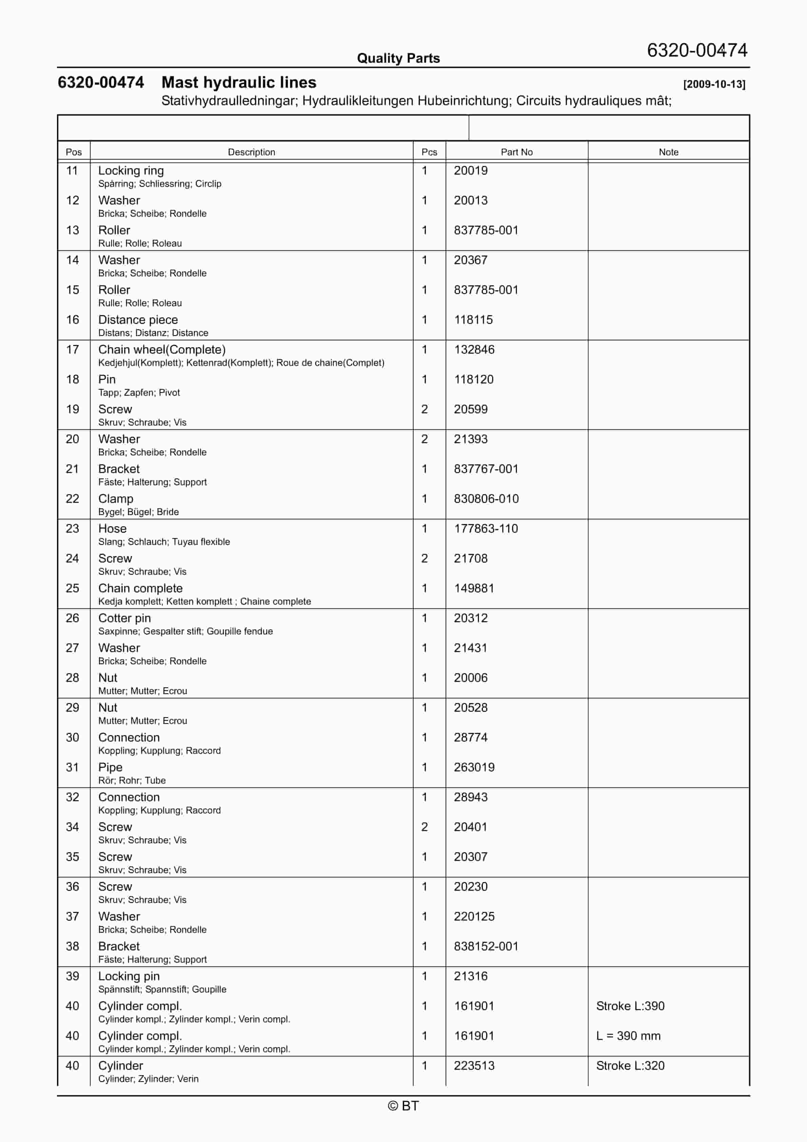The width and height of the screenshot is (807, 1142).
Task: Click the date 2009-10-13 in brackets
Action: [x=714, y=84]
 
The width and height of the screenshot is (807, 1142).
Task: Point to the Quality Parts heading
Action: [x=398, y=58]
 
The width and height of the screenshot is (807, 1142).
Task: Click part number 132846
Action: [x=474, y=350]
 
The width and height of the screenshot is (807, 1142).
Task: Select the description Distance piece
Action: [x=138, y=320]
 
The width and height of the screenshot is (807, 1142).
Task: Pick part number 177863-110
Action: [x=486, y=529]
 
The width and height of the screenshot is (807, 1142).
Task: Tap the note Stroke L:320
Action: [x=630, y=1066]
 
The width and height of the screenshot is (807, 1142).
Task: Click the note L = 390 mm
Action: [x=628, y=1036]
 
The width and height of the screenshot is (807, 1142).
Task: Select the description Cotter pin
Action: [x=124, y=618]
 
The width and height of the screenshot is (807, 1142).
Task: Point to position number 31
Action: [x=73, y=767]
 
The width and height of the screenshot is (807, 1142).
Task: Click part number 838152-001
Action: [x=486, y=947]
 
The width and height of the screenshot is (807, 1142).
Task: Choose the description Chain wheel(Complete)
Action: [x=162, y=350]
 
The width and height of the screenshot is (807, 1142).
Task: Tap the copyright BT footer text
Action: [x=403, y=1106]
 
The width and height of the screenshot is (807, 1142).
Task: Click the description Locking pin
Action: [x=129, y=977]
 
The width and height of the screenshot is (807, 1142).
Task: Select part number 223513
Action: [x=474, y=1066]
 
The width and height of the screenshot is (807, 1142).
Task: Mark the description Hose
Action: [x=113, y=529]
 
